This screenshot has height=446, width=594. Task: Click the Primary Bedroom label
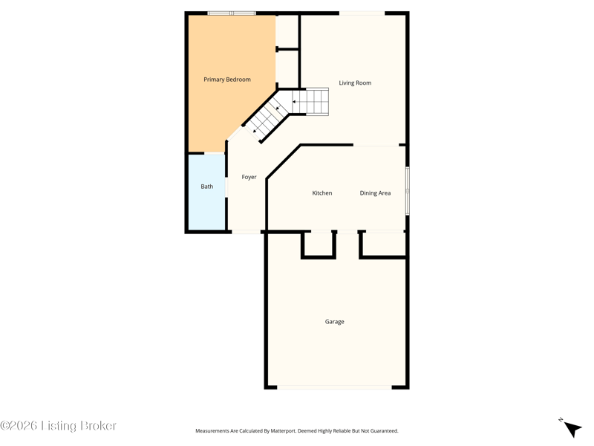coord(227,80)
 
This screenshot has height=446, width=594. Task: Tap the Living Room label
coord(355,83)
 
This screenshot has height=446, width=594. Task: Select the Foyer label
coord(249,177)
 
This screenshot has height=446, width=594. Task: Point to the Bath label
coord(207,187)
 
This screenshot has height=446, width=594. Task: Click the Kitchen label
coord(322,193)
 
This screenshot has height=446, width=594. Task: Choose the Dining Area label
coord(375,193)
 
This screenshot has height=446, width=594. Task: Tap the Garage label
coord(335,322)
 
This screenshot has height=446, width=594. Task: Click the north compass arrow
coord(572,429)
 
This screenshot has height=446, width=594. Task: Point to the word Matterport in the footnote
coord(283,431)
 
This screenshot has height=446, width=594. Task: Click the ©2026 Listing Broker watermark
coord(58,425)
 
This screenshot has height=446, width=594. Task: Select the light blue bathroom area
coord(207,192)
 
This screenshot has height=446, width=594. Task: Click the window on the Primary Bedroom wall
coord(232,13)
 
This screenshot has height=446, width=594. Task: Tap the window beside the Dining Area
coord(408,191)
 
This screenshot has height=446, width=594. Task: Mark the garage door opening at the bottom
coord(334,387)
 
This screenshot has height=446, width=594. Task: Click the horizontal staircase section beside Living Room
coord(309,102)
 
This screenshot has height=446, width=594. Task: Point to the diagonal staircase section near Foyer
coord(267,117)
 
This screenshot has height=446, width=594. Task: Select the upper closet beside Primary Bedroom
coord(287,31)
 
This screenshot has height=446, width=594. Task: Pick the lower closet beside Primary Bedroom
coord(287,69)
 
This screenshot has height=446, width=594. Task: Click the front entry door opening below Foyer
coord(247,231)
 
